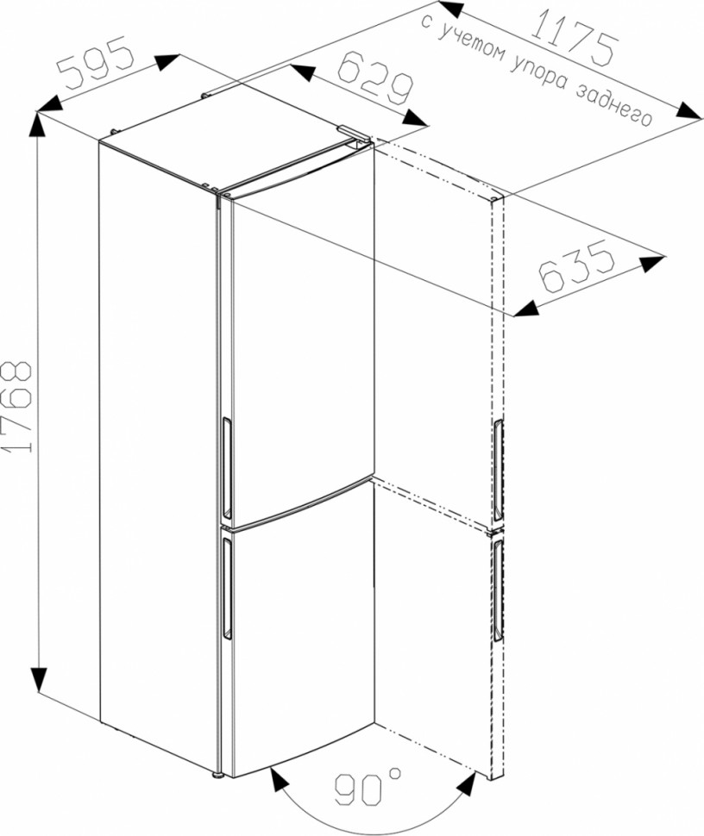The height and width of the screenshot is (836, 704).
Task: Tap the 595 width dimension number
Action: pos(95,61)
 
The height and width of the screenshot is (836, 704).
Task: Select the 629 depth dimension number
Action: pos(376,78)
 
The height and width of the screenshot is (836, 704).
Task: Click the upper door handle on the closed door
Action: pos(226,468)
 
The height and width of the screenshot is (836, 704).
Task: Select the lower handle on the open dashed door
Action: pos(498,590)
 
